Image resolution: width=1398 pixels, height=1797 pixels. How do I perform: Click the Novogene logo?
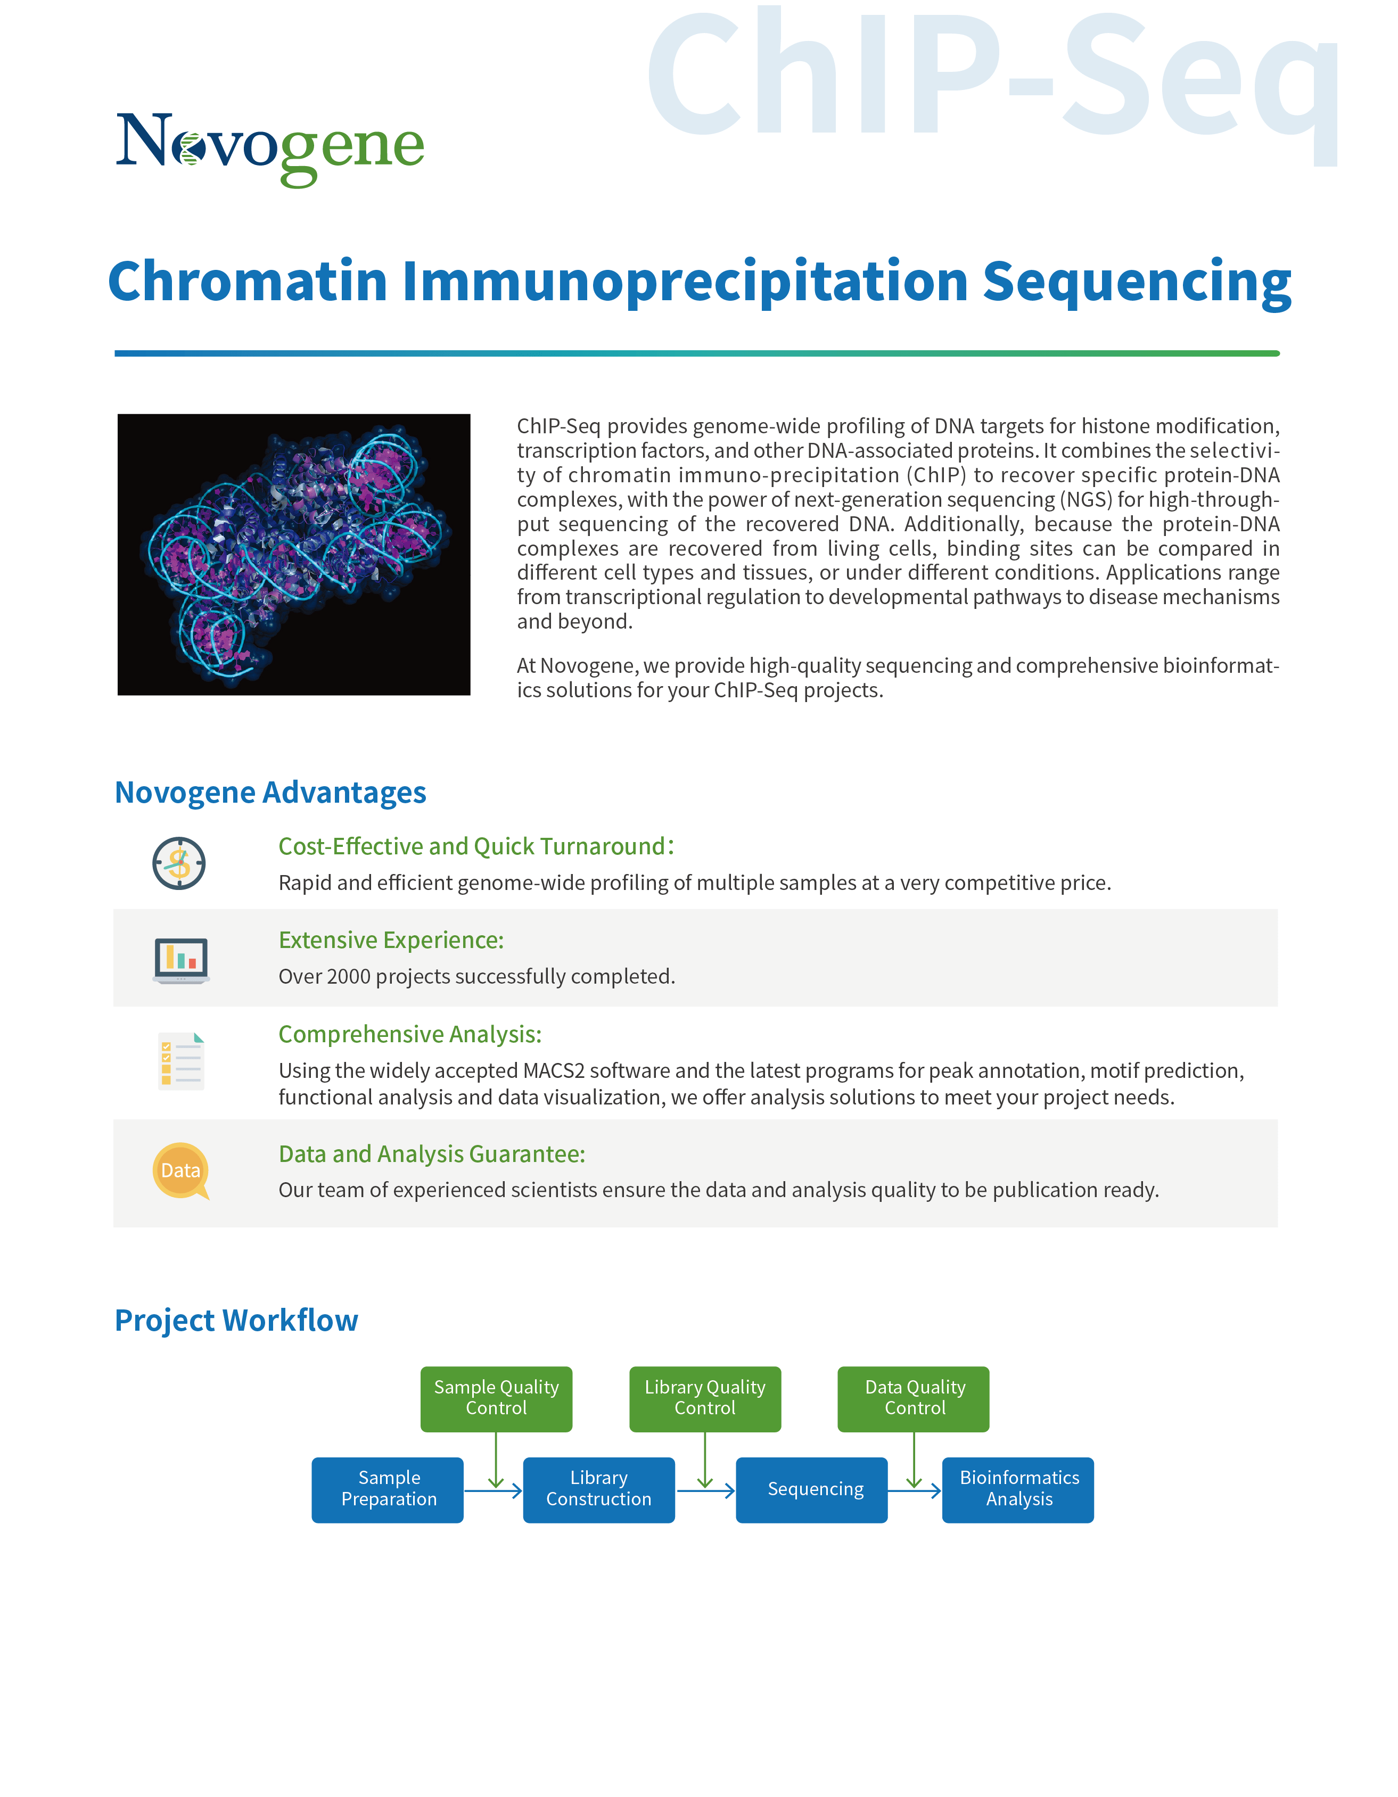point(270,150)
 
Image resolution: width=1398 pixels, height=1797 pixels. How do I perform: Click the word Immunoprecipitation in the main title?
point(685,282)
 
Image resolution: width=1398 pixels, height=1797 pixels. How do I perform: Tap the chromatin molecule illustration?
point(294,555)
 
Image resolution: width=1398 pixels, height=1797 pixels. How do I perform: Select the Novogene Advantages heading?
point(270,793)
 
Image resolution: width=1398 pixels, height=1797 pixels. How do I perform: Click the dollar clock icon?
point(178,863)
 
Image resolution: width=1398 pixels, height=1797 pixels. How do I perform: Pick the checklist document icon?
point(181,1061)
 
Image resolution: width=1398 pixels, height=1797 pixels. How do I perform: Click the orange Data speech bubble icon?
point(181,1171)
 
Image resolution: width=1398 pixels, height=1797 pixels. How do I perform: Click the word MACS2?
point(554,1070)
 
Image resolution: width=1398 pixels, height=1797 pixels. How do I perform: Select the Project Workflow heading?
point(236,1321)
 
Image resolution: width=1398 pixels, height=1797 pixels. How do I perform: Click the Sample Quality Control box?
point(496,1399)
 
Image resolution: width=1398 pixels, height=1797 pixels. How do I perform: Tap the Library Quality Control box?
point(705,1399)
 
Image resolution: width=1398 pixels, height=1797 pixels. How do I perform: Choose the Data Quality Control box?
point(914,1399)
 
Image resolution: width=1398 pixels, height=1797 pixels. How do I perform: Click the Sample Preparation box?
point(388,1490)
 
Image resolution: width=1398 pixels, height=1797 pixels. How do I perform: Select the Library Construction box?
point(599,1490)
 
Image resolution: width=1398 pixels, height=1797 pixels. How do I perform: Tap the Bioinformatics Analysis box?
point(1018,1490)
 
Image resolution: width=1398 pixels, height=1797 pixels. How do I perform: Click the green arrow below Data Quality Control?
point(914,1461)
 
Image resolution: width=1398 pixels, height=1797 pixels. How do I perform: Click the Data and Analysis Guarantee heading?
point(432,1155)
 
